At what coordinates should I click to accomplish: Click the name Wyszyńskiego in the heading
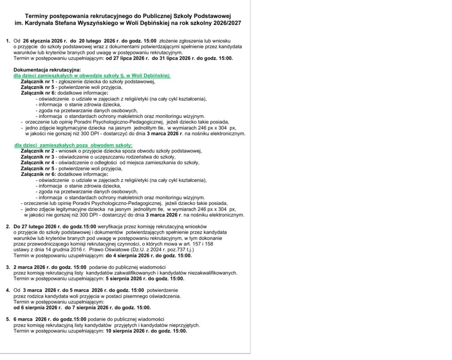[x=104, y=22]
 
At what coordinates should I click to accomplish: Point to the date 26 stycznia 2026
[x=45, y=41]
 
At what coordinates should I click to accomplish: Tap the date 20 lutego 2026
[x=98, y=41]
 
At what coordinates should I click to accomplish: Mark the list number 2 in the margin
[x=8, y=227]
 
